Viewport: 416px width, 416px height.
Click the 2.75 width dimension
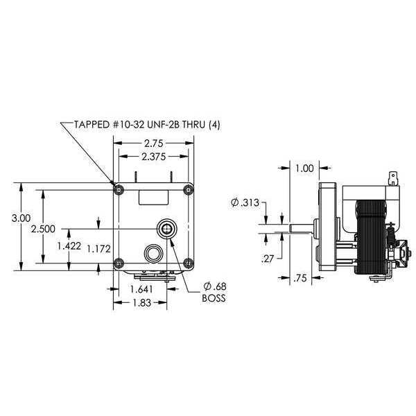(x=154, y=144)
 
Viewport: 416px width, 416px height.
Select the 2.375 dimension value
(x=154, y=157)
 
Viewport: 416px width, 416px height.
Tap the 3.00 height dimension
(x=21, y=218)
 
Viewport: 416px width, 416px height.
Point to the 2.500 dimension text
(x=43, y=229)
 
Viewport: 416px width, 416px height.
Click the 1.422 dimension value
(x=69, y=246)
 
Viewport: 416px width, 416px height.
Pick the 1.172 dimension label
(x=98, y=249)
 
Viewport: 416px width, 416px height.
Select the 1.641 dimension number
(x=141, y=289)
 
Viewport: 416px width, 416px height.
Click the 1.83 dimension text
(x=141, y=302)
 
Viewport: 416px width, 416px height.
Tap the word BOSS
(x=214, y=298)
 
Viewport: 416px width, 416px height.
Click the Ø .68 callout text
(x=215, y=286)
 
